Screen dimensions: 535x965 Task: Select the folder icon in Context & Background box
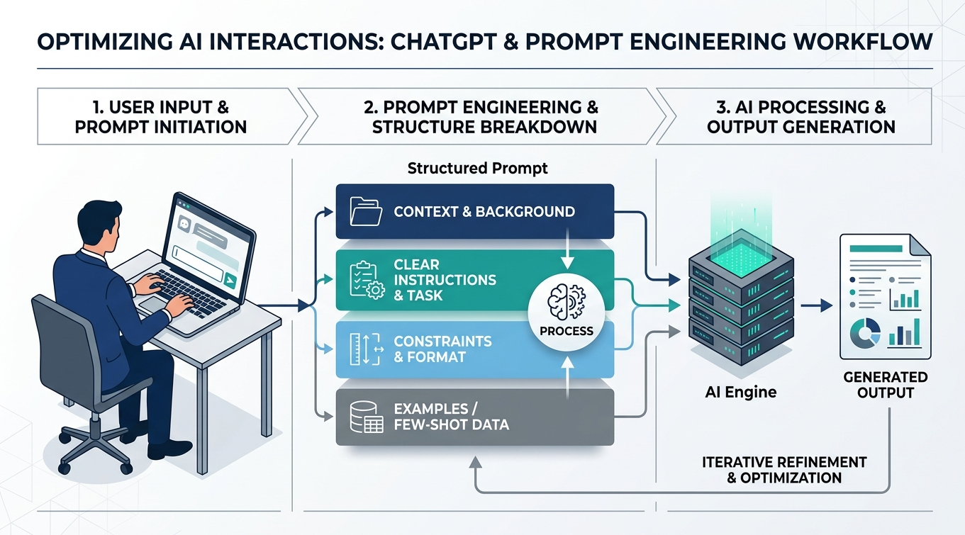(367, 210)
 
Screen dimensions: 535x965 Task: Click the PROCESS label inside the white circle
(566, 331)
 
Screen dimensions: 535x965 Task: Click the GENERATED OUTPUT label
(885, 385)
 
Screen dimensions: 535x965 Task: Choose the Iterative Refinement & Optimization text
(784, 470)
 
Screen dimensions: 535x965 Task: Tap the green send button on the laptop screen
(229, 281)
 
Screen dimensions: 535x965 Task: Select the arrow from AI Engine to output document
(815, 306)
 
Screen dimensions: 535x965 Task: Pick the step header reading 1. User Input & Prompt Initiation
(161, 117)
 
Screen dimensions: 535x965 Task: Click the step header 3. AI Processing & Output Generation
(801, 117)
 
